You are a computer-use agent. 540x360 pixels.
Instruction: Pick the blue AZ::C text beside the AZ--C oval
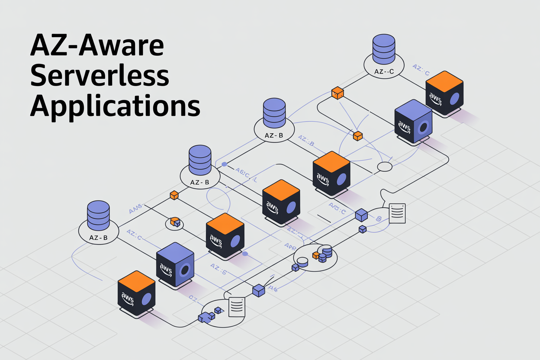[421, 70]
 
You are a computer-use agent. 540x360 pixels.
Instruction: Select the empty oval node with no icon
[385, 167]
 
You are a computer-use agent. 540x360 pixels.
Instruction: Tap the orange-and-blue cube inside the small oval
[175, 222]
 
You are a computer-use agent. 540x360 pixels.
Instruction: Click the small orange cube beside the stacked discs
[316, 255]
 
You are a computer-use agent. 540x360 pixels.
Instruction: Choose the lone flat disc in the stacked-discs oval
[302, 261]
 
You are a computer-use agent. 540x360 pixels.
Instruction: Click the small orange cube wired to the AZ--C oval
[337, 93]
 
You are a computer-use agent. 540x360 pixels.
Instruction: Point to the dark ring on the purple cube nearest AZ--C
[424, 128]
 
